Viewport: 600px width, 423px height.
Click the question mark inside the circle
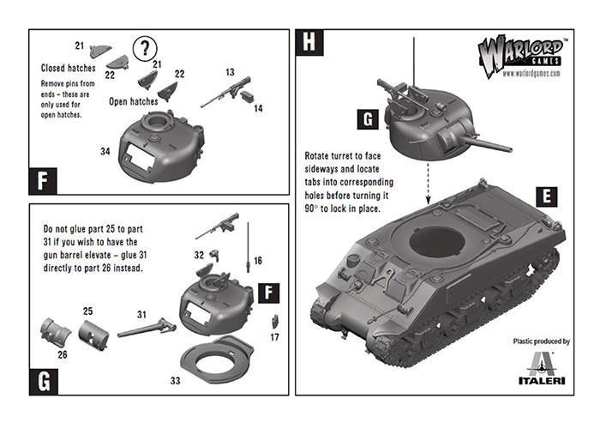point(147,47)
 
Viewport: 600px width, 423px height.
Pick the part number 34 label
point(105,152)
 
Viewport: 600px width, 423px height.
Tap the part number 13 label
point(231,73)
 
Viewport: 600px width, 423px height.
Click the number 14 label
point(257,109)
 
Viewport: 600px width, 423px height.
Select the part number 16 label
point(257,260)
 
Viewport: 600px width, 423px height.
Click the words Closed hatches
point(69,67)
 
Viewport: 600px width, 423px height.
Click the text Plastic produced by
point(540,341)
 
